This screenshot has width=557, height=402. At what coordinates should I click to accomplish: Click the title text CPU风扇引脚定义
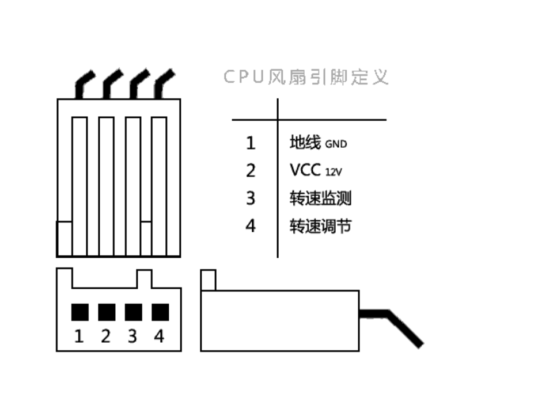pyautogui.click(x=306, y=77)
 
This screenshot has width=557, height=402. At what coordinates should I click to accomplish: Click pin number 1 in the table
pyautogui.click(x=251, y=143)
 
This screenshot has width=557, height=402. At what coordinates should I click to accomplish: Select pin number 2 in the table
pyautogui.click(x=251, y=171)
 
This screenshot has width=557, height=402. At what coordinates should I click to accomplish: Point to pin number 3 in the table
pyautogui.click(x=251, y=198)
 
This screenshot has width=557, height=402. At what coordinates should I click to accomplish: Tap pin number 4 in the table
pyautogui.click(x=251, y=225)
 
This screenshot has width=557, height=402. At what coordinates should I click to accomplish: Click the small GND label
pyautogui.click(x=336, y=144)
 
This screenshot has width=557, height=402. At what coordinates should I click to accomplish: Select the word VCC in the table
pyautogui.click(x=305, y=170)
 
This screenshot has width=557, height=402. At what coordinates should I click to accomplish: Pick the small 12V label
pyautogui.click(x=334, y=173)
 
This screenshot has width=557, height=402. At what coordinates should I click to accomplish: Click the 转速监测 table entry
pyautogui.click(x=320, y=198)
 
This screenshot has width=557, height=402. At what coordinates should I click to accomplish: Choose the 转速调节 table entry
pyautogui.click(x=320, y=226)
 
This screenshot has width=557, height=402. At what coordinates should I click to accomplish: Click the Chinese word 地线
pyautogui.click(x=305, y=142)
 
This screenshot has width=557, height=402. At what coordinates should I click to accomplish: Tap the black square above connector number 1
pyautogui.click(x=80, y=312)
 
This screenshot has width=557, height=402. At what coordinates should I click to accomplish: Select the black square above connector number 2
pyautogui.click(x=107, y=312)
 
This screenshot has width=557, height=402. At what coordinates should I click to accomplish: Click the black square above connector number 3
pyautogui.click(x=134, y=312)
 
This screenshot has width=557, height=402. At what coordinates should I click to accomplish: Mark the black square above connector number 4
pyautogui.click(x=160, y=312)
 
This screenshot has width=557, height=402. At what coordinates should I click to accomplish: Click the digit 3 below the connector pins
pyautogui.click(x=132, y=336)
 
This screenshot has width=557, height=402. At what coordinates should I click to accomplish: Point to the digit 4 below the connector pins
pyautogui.click(x=159, y=336)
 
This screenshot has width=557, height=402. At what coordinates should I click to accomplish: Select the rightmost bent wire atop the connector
pyautogui.click(x=164, y=84)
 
